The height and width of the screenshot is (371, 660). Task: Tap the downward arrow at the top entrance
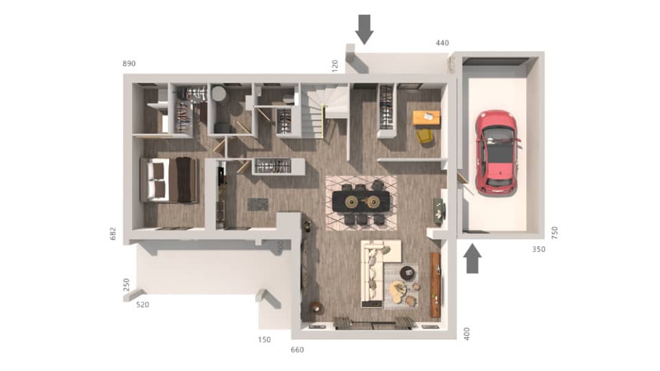pos(364,28)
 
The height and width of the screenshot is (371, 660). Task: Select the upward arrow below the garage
pos(472,259)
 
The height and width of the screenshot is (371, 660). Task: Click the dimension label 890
pos(129,63)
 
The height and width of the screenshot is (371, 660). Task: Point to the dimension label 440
pos(442,43)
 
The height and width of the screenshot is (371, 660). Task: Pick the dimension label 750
pos(555,232)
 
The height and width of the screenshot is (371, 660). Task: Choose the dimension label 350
pos(538,249)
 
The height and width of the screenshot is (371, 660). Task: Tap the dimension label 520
pos(142,304)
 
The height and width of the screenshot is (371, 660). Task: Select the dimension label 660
pos(297,350)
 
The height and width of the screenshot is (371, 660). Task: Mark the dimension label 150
pos(265,339)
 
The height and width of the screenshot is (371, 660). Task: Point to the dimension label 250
pos(126,284)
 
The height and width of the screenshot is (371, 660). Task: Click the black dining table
pos(361,201)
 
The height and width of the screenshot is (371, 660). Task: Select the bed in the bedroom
pos(169,180)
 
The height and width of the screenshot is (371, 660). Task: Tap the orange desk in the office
pos(426,118)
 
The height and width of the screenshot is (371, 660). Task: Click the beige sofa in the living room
pos(375,271)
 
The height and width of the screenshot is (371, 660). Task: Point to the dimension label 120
pos(335,66)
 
